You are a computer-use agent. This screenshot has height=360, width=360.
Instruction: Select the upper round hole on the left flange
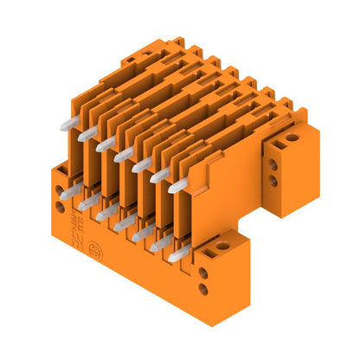click(60, 193)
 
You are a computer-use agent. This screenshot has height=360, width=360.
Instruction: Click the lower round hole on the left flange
click(60, 207)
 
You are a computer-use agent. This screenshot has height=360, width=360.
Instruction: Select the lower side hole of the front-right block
click(203, 289)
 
